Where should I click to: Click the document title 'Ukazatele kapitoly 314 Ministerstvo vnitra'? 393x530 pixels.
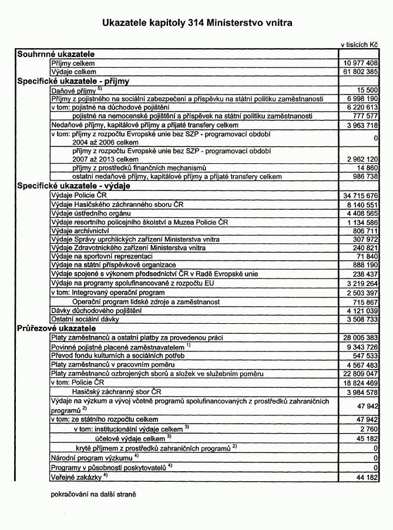coord(196,23)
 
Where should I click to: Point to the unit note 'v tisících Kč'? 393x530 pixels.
coord(359,45)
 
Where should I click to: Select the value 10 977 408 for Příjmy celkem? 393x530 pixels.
coord(360,63)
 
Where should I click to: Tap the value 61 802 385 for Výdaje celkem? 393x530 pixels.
coord(360,72)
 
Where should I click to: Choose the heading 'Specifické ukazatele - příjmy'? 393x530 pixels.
coord(73,81)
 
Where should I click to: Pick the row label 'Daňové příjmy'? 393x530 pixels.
coord(73,91)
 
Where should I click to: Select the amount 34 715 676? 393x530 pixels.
coord(360,194)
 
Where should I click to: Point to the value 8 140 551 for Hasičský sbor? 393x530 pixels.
coord(361,204)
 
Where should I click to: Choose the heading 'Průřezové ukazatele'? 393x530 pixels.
coord(56,328)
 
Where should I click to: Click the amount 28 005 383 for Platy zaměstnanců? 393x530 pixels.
coord(360,338)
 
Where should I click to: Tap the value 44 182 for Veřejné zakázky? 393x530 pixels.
coord(365,477)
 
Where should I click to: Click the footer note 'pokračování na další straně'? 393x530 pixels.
coord(93,494)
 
